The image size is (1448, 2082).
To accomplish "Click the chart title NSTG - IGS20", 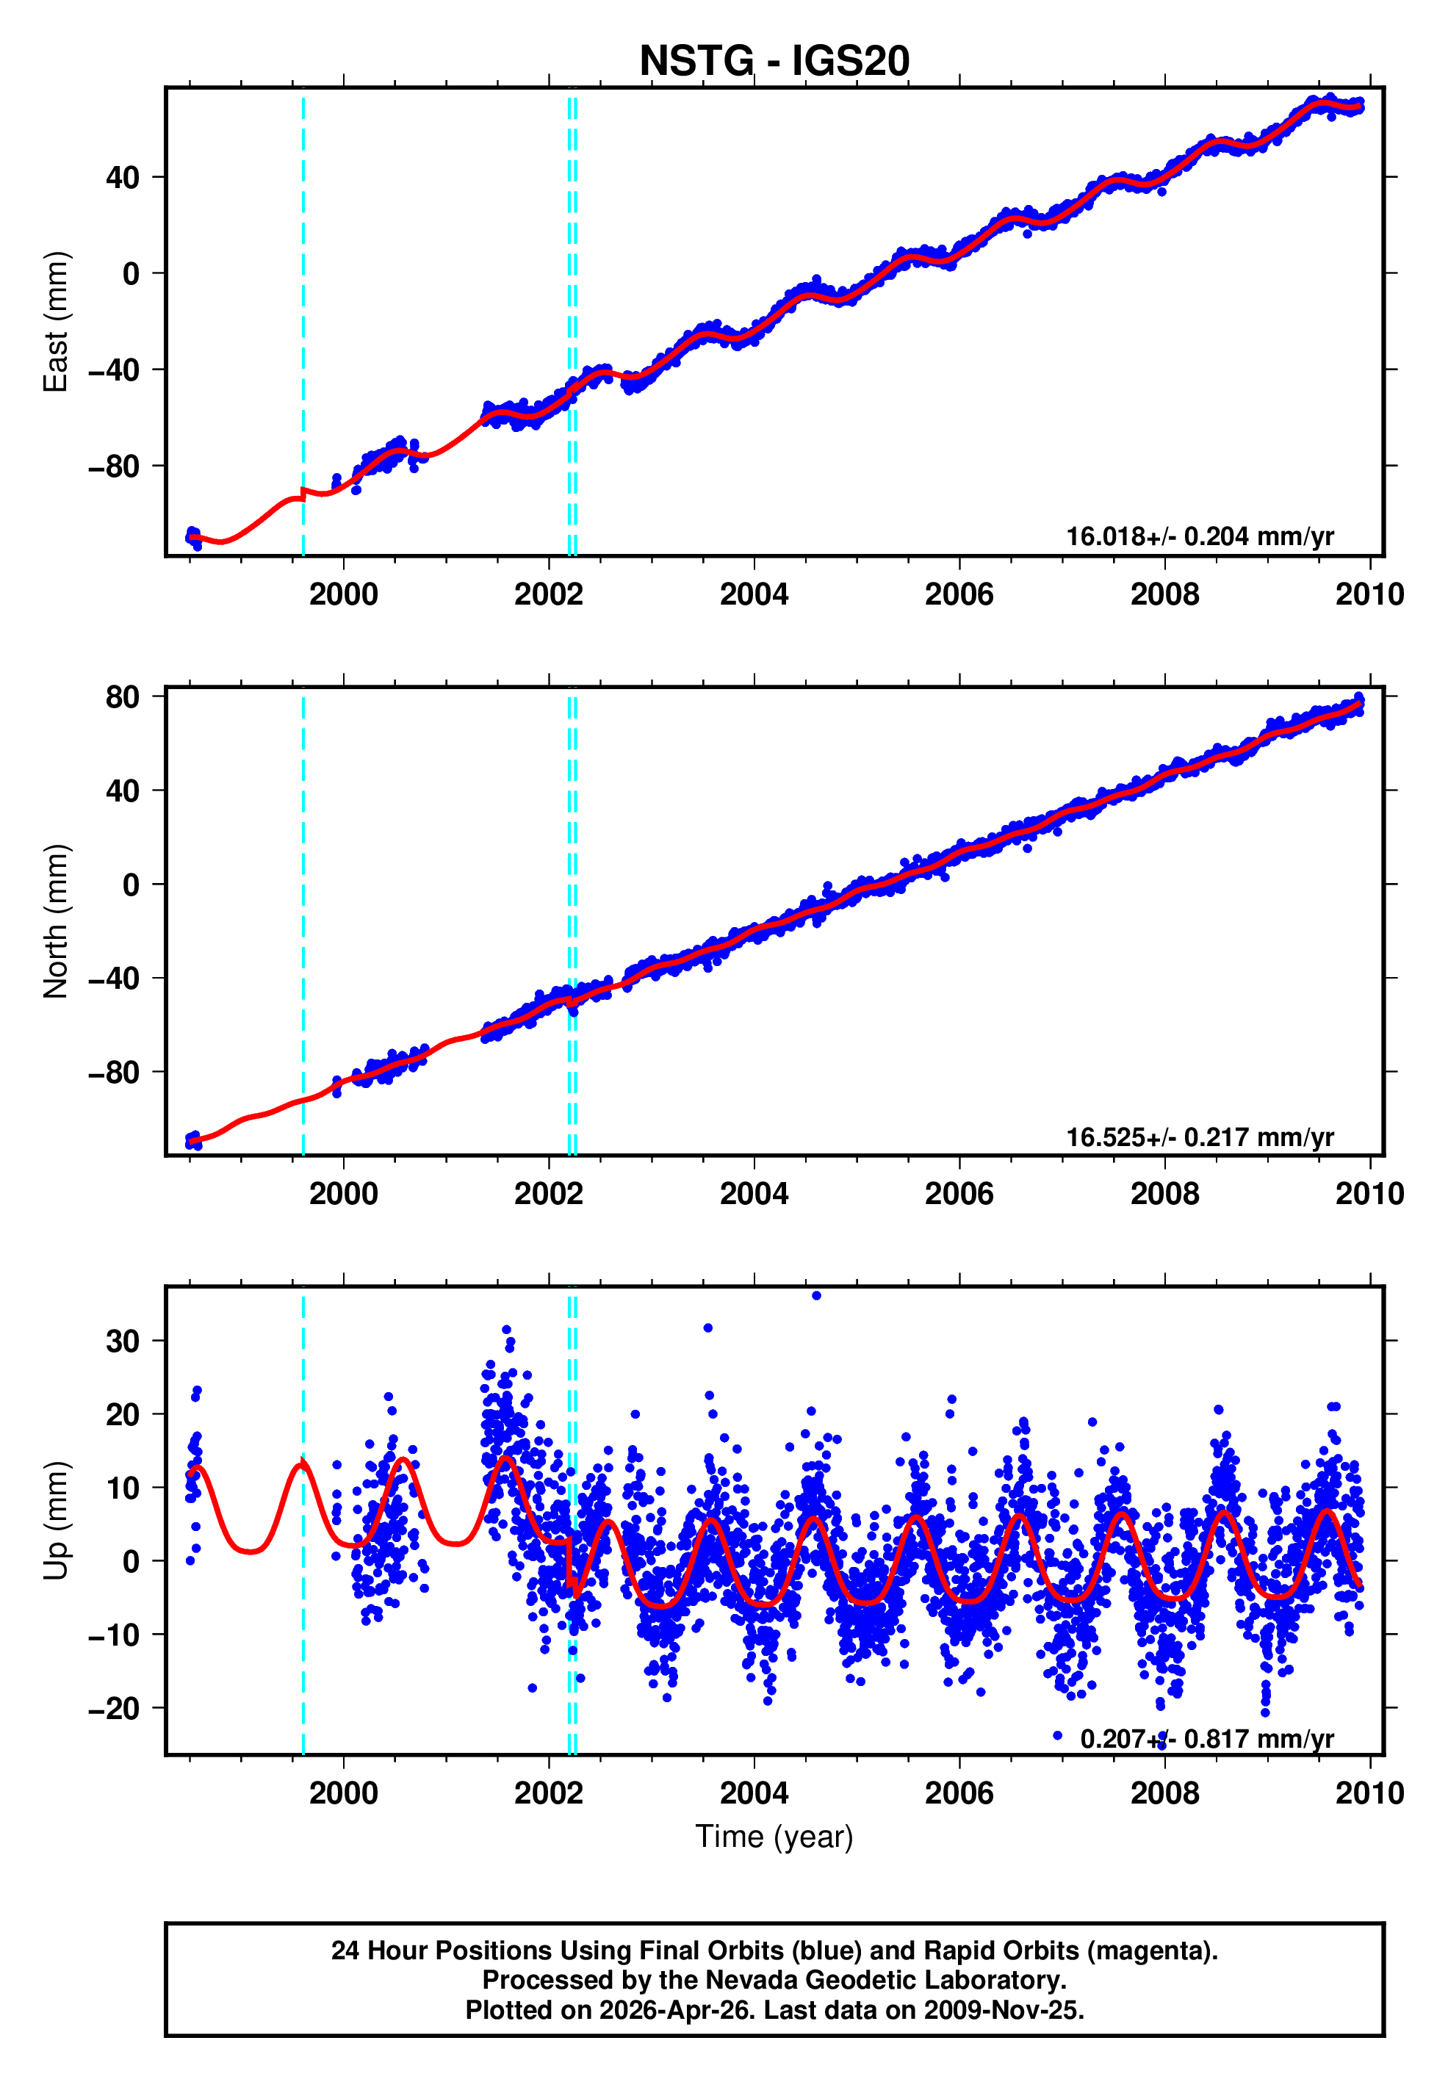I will (x=774, y=61).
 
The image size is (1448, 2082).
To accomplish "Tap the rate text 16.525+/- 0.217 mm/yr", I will (x=1199, y=1137).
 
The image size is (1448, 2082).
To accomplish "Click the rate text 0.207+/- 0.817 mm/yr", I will (x=1206, y=1738).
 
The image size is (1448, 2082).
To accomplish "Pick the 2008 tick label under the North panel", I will (x=1164, y=1193).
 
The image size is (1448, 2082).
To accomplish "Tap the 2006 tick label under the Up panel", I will (x=959, y=1793).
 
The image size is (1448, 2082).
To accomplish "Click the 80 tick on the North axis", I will (x=123, y=696).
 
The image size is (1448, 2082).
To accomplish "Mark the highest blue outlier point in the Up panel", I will (x=816, y=1296).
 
